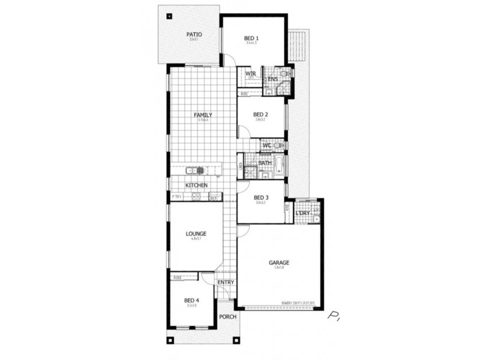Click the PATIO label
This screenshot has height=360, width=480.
(x=193, y=35)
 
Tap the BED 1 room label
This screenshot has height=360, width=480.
(x=251, y=39)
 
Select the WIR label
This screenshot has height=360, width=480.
(x=251, y=74)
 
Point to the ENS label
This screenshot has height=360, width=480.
(x=272, y=79)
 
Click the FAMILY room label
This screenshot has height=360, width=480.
(x=202, y=115)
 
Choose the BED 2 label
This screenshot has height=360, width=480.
(x=260, y=115)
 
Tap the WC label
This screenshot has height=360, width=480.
(x=266, y=145)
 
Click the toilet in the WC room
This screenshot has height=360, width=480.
(x=278, y=145)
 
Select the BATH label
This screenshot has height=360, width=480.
(x=265, y=163)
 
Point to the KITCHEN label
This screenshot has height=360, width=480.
(x=196, y=185)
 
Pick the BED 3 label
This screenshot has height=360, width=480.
(x=260, y=197)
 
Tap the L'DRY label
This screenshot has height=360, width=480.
(x=303, y=213)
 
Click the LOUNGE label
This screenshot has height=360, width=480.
(x=196, y=233)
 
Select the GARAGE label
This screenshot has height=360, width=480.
(x=279, y=263)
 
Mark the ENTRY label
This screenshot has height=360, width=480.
(x=226, y=283)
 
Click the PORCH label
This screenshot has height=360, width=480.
(x=227, y=317)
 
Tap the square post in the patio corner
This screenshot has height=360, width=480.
(x=169, y=16)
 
